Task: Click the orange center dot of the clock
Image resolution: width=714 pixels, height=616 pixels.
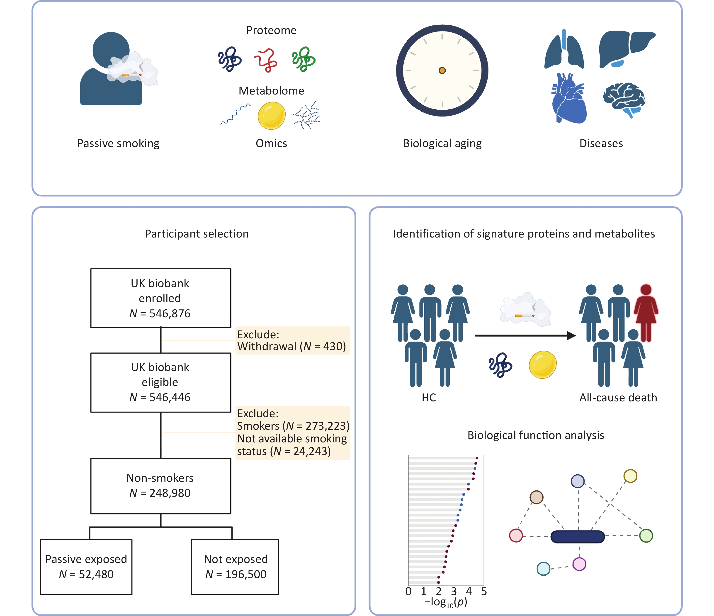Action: click(442, 71)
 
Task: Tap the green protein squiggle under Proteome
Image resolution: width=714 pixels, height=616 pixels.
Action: click(303, 59)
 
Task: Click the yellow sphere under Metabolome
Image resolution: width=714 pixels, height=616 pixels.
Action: click(272, 116)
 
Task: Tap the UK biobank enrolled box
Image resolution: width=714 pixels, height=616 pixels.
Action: click(160, 298)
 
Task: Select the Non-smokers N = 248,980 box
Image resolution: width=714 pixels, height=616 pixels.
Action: click(160, 486)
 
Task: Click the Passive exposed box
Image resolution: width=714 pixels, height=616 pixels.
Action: click(86, 567)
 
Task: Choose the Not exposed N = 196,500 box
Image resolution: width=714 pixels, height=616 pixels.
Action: click(235, 567)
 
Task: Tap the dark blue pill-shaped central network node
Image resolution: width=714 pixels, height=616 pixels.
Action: click(578, 537)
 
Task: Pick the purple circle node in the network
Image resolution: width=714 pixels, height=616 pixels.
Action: click(579, 564)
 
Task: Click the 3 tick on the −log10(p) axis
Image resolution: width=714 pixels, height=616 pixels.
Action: click(454, 591)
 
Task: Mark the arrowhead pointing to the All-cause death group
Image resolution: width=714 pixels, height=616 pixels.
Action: click(571, 335)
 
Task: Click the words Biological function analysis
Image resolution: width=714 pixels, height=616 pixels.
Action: click(536, 435)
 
